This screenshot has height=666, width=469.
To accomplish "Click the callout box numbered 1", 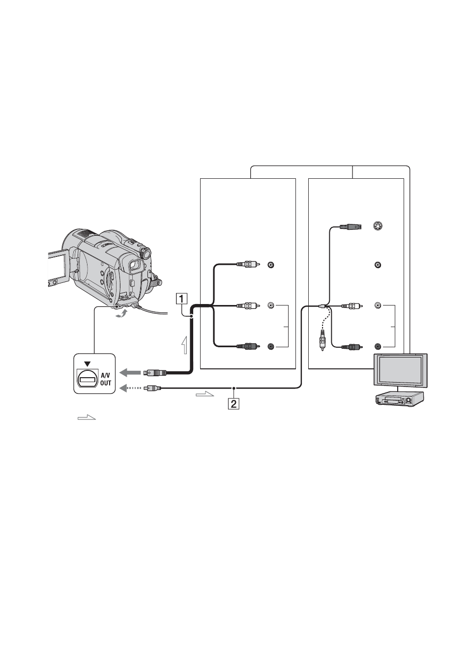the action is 182,298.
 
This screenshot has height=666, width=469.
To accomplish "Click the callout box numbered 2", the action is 234,403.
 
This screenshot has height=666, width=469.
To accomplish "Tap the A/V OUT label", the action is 105,379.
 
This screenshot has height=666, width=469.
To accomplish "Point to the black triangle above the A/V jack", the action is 88,363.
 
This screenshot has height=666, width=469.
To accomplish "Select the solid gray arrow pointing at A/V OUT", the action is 130,372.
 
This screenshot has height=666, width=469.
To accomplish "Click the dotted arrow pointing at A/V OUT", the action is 130,388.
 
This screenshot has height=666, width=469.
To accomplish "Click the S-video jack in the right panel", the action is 378,226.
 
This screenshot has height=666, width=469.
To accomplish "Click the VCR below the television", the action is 399,398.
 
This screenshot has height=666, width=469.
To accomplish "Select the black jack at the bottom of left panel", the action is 271,346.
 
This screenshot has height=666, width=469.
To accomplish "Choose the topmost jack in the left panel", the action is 271,264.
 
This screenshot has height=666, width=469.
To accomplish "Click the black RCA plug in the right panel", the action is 352,346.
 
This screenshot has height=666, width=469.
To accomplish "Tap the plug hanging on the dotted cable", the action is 322,339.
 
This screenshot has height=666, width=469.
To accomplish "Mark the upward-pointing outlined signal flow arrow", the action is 185,345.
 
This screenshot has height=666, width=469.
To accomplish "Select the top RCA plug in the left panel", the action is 248,264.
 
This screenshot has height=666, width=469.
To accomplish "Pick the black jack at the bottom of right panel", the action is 378,346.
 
